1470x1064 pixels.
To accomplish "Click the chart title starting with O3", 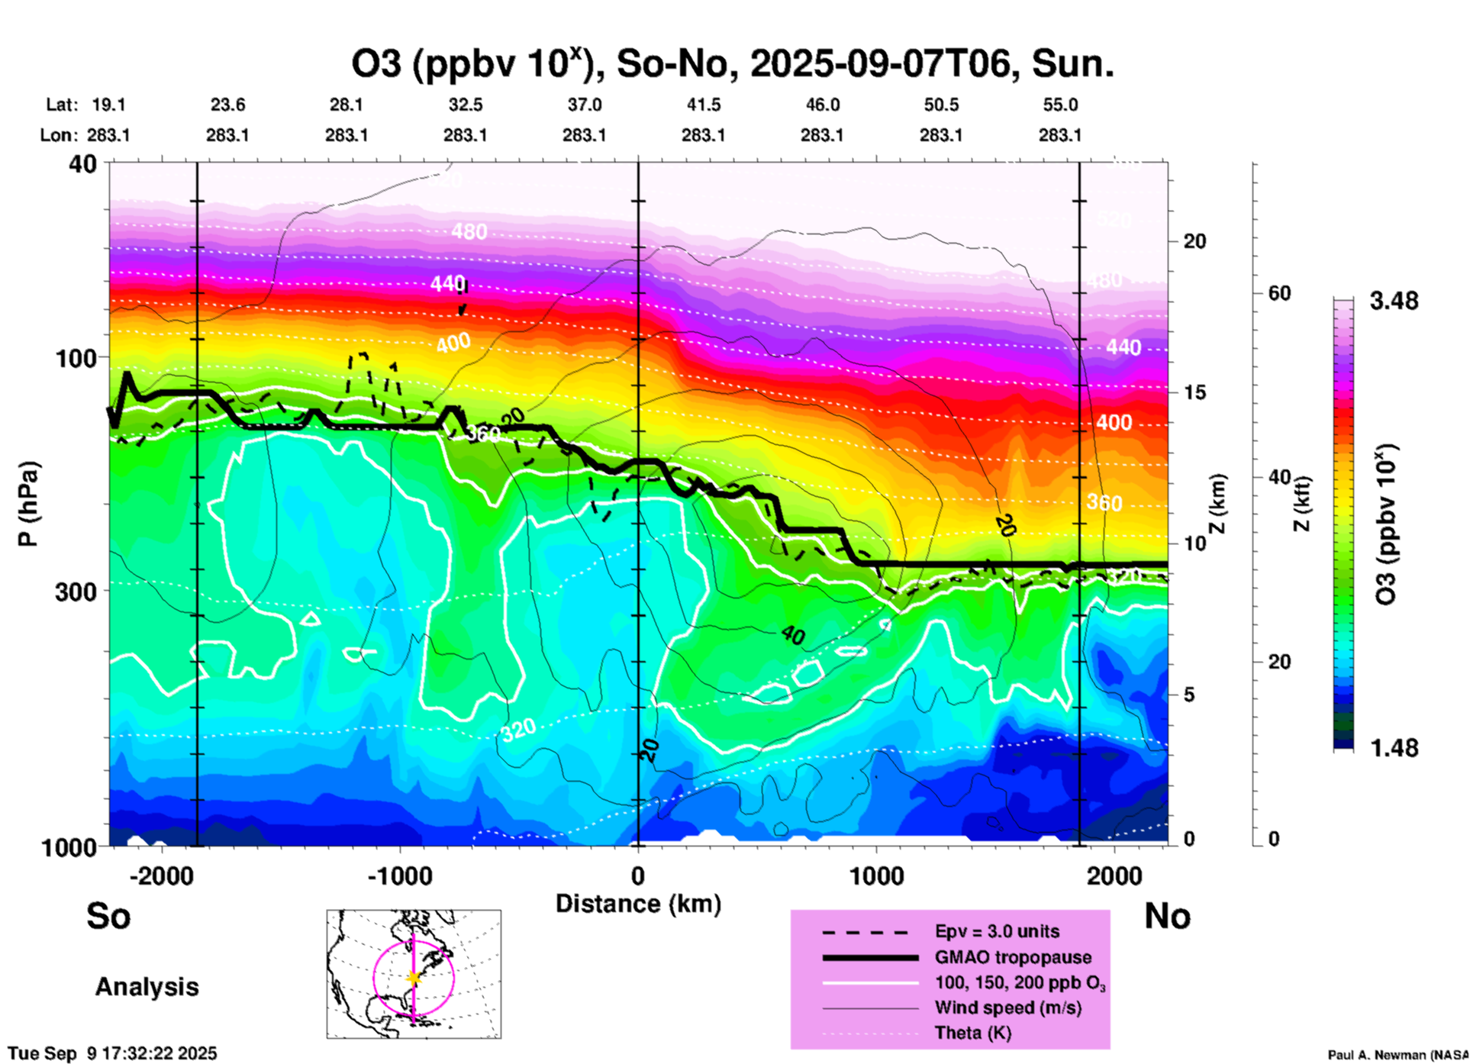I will pyautogui.click(x=732, y=63).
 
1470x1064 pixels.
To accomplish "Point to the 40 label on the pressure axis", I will pyautogui.click(x=83, y=164).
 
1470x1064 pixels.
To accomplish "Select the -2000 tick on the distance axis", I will pyautogui.click(x=161, y=875).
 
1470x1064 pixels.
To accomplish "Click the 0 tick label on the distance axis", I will pyautogui.click(x=638, y=875).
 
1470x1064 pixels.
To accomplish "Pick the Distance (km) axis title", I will pyautogui.click(x=638, y=904).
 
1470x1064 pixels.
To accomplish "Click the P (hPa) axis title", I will pyautogui.click(x=28, y=504).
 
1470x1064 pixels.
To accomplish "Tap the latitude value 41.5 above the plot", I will pyautogui.click(x=703, y=105).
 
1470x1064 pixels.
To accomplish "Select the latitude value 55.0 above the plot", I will pyautogui.click(x=1060, y=105).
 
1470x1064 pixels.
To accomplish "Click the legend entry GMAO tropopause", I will pyautogui.click(x=1013, y=957).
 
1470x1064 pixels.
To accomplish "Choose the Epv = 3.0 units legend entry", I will pyautogui.click(x=997, y=931).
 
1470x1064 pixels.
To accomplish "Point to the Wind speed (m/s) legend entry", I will pyautogui.click(x=1007, y=1008).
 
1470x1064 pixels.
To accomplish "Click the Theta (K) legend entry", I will pyautogui.click(x=973, y=1033).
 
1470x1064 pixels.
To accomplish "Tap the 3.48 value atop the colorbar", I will pyautogui.click(x=1394, y=301).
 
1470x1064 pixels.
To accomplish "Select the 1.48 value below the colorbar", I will pyautogui.click(x=1394, y=747).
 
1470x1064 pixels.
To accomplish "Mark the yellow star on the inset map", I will pyautogui.click(x=414, y=978).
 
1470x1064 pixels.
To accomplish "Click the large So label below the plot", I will pyautogui.click(x=108, y=916).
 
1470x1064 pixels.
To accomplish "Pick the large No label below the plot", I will pyautogui.click(x=1167, y=916).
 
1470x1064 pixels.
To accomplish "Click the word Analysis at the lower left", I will pyautogui.click(x=147, y=987).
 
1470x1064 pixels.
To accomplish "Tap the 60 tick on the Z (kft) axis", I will pyautogui.click(x=1279, y=293).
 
